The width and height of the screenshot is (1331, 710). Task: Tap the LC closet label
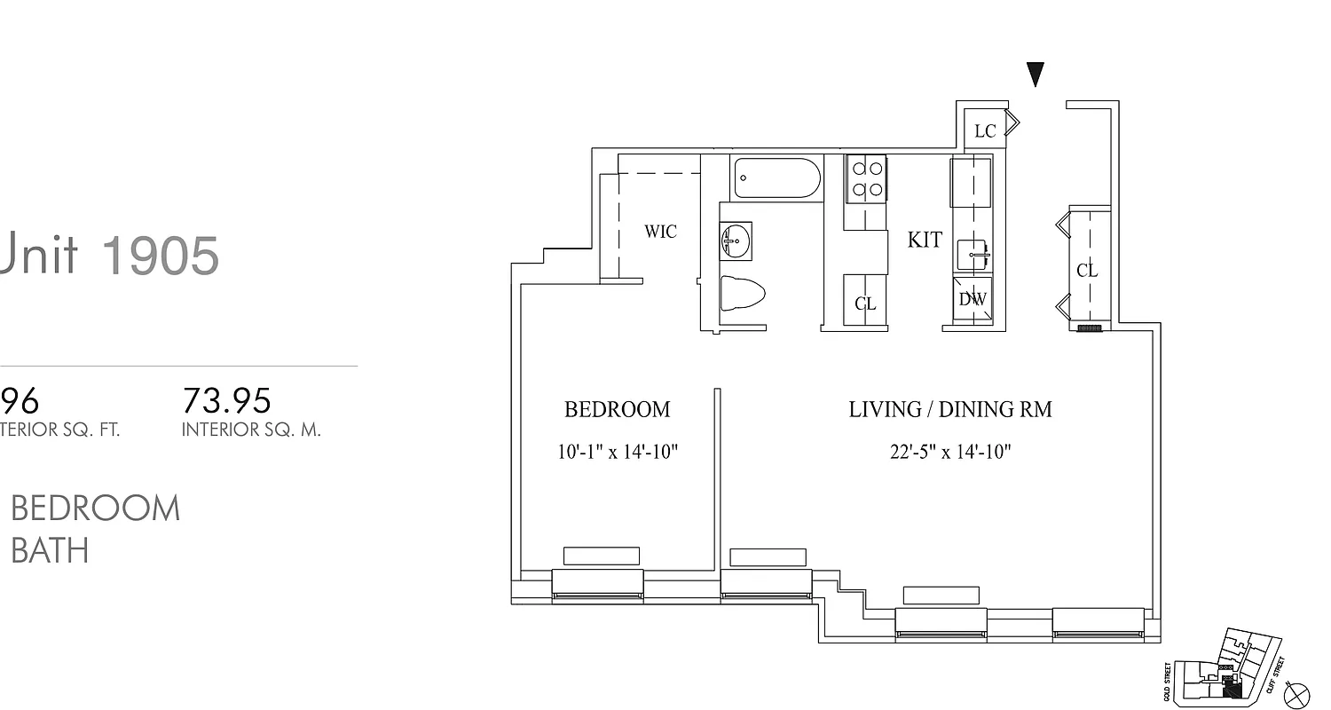[x=985, y=131]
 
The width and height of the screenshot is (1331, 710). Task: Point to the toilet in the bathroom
[x=741, y=294]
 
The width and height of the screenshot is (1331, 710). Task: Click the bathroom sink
[x=736, y=241]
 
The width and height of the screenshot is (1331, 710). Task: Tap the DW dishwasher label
[x=973, y=300]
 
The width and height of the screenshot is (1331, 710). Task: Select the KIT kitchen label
[x=925, y=240]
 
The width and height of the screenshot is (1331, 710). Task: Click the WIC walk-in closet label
[x=660, y=232]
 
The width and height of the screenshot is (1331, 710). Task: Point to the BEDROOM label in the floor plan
[x=617, y=409]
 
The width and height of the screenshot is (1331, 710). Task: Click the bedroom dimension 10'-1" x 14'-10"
[x=617, y=452]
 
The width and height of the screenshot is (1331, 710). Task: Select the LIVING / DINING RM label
[x=949, y=409]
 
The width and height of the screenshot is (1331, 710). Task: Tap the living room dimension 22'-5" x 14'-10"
[x=950, y=452]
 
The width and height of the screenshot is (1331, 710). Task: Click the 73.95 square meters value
[x=226, y=401]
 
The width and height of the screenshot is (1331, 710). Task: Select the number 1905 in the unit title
[x=161, y=256]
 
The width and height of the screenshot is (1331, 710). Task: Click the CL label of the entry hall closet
[x=1087, y=271]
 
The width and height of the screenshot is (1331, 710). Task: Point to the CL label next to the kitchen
[x=865, y=304]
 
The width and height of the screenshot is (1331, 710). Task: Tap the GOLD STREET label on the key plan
[x=1167, y=681]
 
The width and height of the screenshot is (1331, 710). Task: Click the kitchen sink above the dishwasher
[x=973, y=255]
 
